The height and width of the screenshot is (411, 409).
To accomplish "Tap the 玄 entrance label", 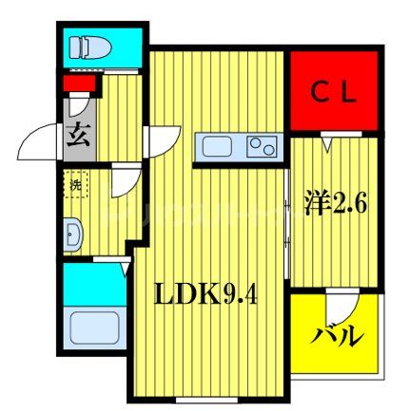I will [x=75, y=135].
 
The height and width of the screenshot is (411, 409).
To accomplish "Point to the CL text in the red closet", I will [x=335, y=93].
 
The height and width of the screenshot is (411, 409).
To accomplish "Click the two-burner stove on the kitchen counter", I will [x=262, y=147].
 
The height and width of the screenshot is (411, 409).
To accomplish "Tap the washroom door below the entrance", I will [x=122, y=181].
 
